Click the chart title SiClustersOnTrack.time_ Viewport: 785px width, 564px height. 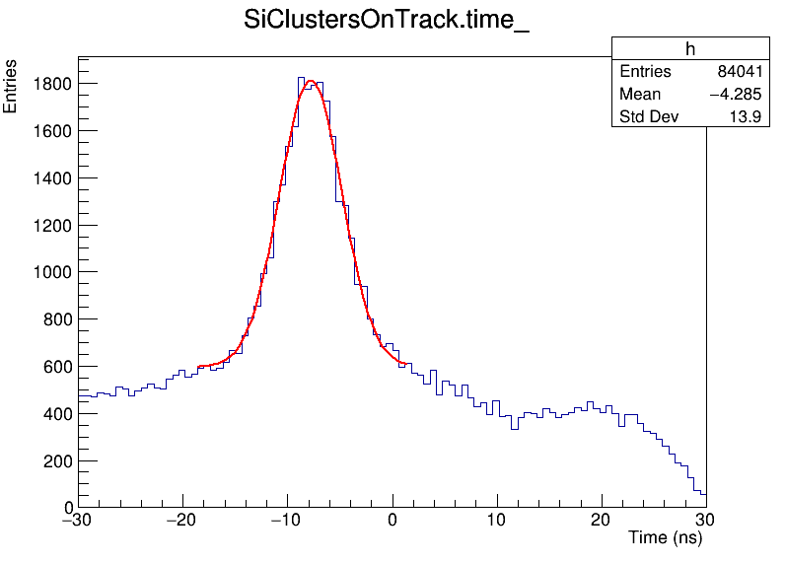coord(387,22)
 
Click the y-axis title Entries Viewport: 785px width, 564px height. coord(11,86)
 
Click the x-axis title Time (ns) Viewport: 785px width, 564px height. coord(665,538)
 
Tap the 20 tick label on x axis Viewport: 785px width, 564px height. coord(602,521)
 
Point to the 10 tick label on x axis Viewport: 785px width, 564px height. coord(497,521)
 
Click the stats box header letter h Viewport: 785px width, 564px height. coord(690,49)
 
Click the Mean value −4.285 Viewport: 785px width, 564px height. coord(735,95)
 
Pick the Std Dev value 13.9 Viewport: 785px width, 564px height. coord(747,117)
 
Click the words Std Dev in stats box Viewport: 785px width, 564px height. coord(642,117)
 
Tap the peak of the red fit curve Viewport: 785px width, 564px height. coord(311,81)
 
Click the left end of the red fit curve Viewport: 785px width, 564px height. coord(198,367)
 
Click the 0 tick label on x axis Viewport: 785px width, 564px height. coord(392,521)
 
